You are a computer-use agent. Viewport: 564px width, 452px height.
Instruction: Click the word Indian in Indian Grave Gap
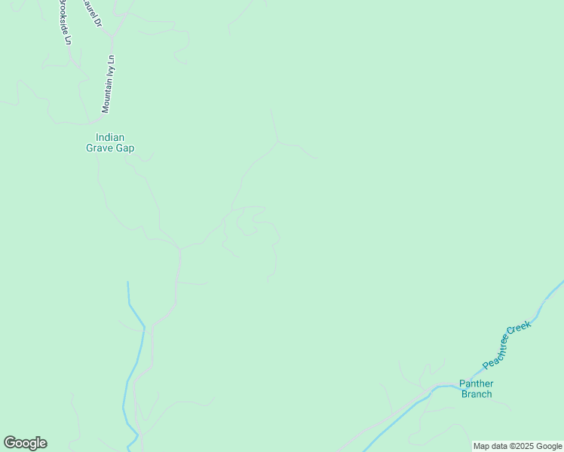point(109,137)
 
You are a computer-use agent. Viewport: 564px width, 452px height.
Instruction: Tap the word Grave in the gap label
point(99,148)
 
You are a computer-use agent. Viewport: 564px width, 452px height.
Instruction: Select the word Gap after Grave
point(124,148)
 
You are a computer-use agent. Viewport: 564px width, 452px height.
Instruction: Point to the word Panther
point(476,383)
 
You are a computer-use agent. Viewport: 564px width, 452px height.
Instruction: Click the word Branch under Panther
point(476,394)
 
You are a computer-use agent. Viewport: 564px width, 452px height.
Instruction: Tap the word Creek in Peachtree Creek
point(520,329)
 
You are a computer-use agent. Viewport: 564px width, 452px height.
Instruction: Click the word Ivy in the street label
point(110,72)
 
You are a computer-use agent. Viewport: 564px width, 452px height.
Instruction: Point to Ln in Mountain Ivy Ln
point(112,60)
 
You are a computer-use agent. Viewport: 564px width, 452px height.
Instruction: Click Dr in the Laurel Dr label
point(98,23)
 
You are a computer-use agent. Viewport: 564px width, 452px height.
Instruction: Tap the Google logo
point(25,443)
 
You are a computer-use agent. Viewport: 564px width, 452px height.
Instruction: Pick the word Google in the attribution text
point(550,446)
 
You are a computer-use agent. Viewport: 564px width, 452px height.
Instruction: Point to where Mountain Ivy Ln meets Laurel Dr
point(110,35)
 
